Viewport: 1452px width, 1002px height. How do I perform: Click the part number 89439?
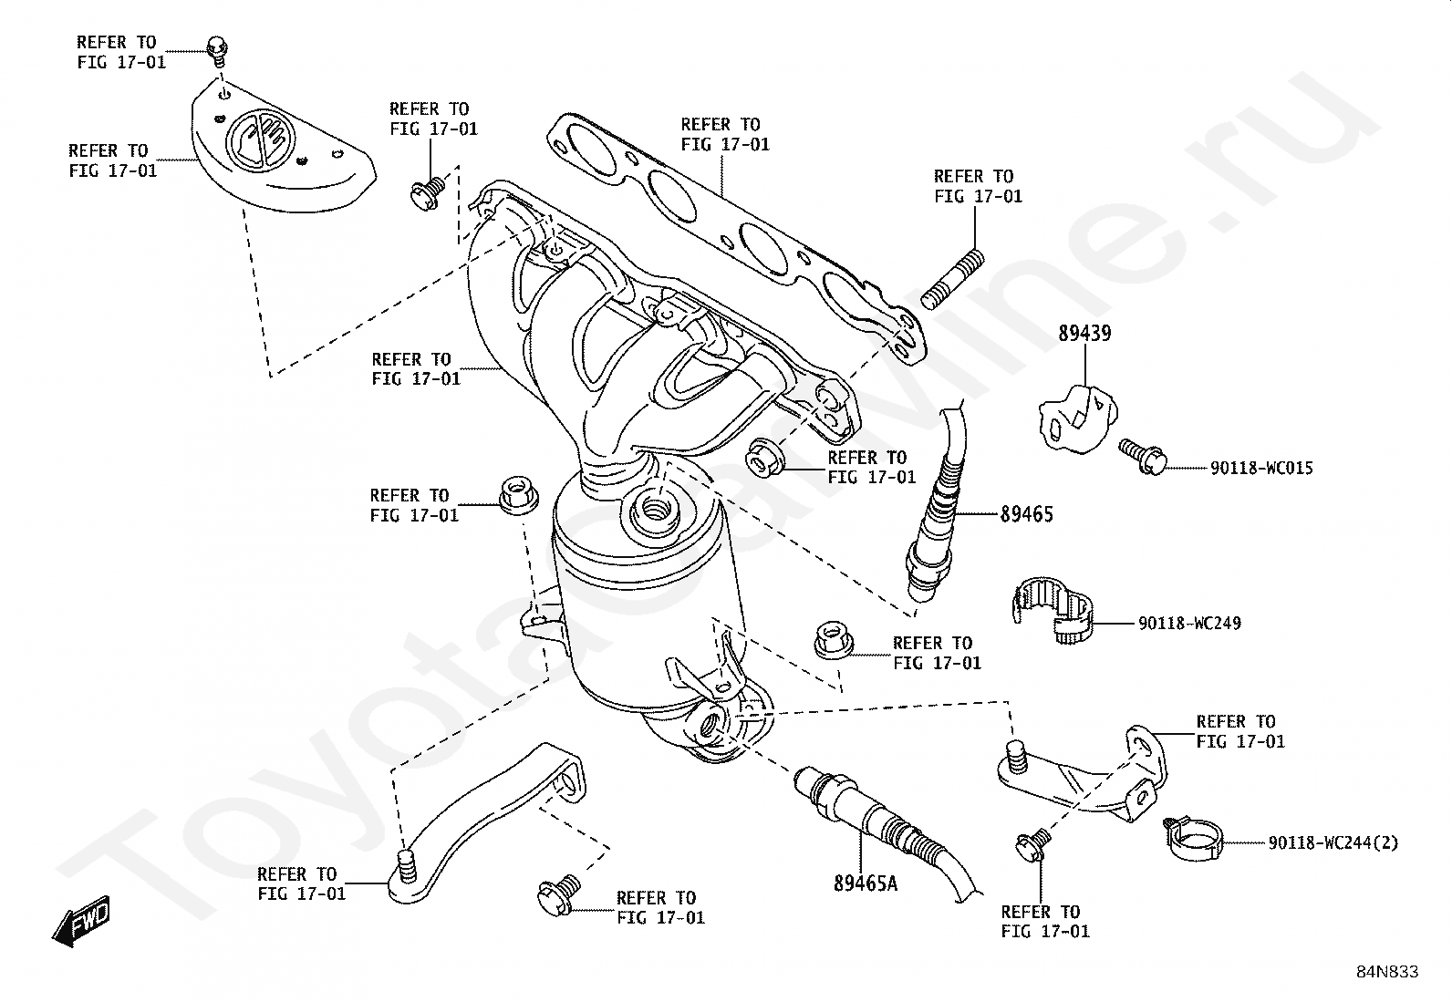(x=1084, y=333)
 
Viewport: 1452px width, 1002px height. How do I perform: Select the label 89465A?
(x=866, y=883)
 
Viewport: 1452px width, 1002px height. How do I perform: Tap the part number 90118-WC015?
(x=1261, y=468)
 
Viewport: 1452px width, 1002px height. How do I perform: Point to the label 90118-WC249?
(x=1189, y=624)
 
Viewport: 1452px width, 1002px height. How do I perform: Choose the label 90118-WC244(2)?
(x=1333, y=842)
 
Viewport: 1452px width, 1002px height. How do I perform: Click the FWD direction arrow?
(x=81, y=922)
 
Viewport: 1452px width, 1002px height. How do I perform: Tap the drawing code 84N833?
(x=1387, y=972)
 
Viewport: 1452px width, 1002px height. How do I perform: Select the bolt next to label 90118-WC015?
(x=1142, y=456)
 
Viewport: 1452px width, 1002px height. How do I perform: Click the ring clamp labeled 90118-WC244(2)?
(x=1193, y=840)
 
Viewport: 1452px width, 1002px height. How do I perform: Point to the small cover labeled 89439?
(x=1078, y=418)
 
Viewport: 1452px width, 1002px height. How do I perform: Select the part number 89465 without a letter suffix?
(x=1026, y=514)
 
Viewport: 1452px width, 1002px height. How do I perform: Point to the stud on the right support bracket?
(x=1016, y=757)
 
